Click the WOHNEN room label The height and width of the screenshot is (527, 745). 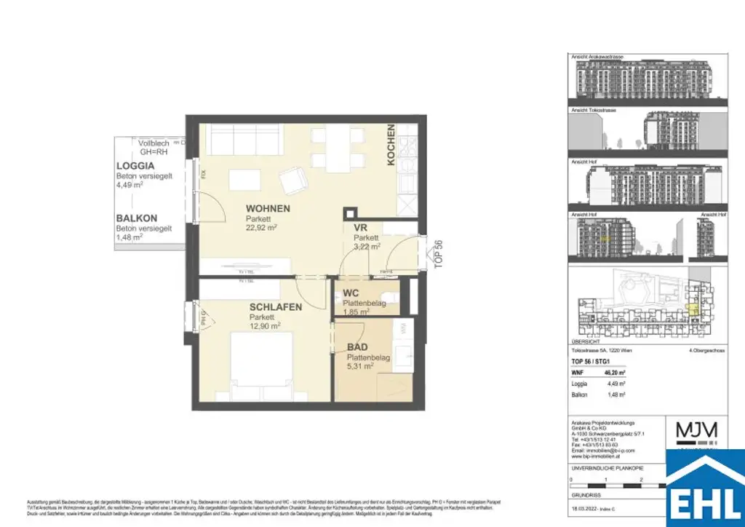click(x=268, y=209)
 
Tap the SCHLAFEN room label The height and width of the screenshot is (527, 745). click(x=275, y=308)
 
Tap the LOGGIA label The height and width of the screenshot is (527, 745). click(x=137, y=166)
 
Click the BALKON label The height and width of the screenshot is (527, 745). click(x=137, y=218)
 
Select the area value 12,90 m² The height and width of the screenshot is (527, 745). click(x=266, y=326)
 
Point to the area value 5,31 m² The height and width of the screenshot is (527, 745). click(x=359, y=368)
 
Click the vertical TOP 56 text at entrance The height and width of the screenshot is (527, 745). click(x=438, y=255)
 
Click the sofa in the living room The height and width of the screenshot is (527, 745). click(x=239, y=138)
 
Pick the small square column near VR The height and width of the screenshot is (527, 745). click(x=350, y=213)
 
